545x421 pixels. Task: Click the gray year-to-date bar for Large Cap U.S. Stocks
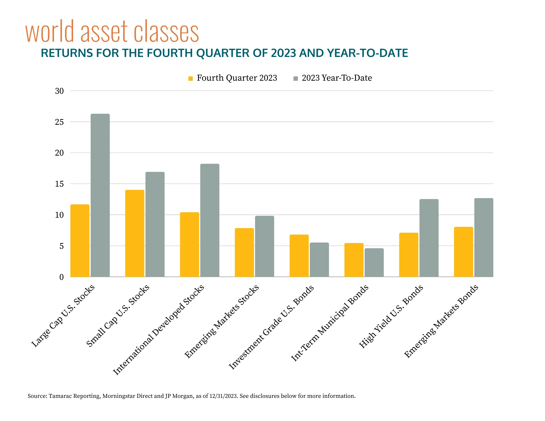pos(100,195)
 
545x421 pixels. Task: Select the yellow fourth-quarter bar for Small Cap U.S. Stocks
pos(135,233)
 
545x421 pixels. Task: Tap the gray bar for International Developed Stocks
pos(210,220)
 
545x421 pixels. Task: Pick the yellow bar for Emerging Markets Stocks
pos(244,252)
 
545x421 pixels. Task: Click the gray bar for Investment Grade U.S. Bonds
pos(319,260)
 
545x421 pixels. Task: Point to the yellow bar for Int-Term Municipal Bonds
pos(354,260)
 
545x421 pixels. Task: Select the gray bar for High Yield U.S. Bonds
pos(429,238)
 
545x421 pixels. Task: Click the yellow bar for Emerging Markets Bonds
pos(463,252)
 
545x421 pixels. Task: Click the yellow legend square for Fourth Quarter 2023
pos(190,78)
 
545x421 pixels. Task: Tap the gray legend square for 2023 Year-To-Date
pos(296,78)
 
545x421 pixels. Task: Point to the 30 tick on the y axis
pos(59,91)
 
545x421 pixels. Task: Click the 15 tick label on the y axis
pos(59,184)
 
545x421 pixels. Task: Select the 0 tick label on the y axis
pos(62,277)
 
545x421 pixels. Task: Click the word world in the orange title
pos(50,32)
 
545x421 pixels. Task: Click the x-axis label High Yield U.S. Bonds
pos(391,316)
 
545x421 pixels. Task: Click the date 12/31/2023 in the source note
pos(223,396)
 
